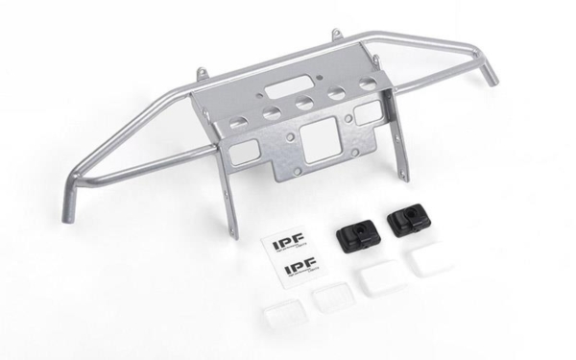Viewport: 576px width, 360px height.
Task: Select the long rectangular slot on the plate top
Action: click(280, 88)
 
